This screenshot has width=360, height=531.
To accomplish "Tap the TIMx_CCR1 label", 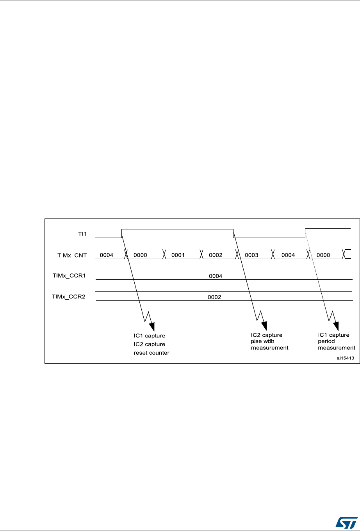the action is click(69, 275).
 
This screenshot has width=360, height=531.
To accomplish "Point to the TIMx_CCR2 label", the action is click(69, 297).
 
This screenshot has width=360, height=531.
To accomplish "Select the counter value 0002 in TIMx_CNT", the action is click(216, 255).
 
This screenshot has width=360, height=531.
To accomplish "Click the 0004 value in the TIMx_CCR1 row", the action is click(216, 276).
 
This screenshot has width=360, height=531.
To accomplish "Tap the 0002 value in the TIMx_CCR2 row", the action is click(214, 297).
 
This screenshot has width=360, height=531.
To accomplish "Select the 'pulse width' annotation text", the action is click(264, 341).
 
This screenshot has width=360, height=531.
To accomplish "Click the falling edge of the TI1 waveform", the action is click(233, 233).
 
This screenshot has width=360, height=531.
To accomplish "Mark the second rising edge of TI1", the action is click(305, 233).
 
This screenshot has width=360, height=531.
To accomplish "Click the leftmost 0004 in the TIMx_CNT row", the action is click(107, 255).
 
